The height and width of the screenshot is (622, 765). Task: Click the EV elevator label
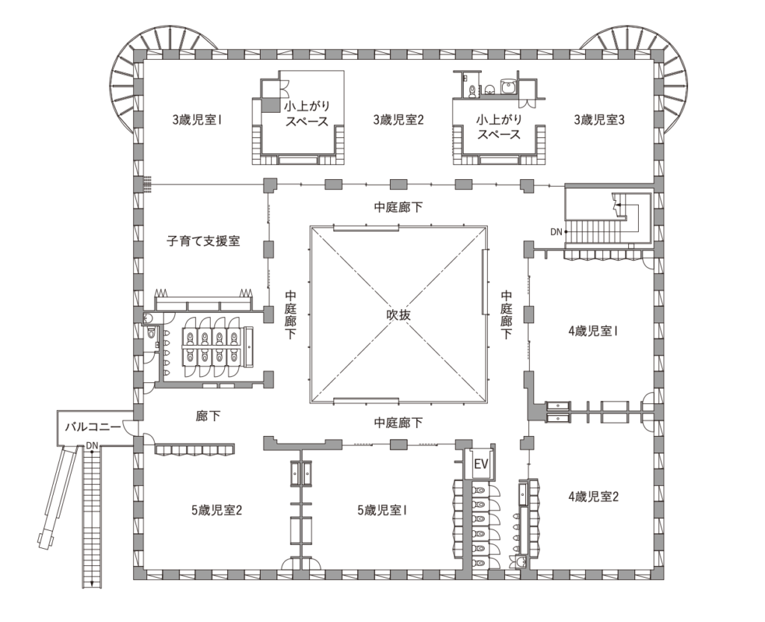pos(482,464)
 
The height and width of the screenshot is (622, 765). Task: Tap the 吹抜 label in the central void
pos(397,314)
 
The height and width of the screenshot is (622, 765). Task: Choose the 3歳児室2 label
pos(398,119)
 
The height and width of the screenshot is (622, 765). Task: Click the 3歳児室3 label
pos(598,119)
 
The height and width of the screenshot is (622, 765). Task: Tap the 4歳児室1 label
pos(592,330)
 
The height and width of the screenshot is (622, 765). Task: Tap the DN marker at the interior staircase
pos(556,231)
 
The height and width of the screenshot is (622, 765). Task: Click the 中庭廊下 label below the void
pos(397,423)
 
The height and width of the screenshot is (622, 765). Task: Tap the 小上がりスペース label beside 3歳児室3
pos(499,127)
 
